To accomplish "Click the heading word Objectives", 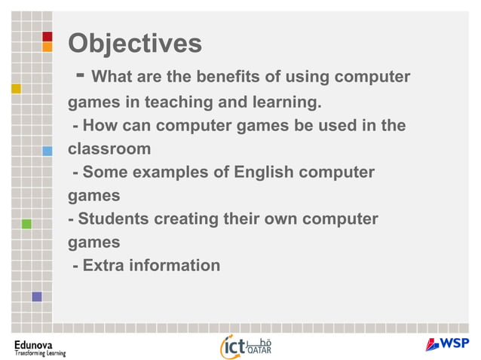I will pyautogui.click(x=135, y=44).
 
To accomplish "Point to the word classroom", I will pyautogui.click(x=109, y=148).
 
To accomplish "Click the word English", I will pyautogui.click(x=268, y=172).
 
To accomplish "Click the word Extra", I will pyautogui.click(x=106, y=265).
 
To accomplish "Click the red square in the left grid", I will pyautogui.click(x=47, y=36).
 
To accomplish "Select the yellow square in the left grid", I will pyautogui.click(x=16, y=88).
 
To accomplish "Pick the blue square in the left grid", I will pyautogui.click(x=47, y=151).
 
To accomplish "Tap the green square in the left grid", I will pyautogui.click(x=26, y=224).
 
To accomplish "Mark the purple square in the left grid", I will pyautogui.click(x=36, y=297).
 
